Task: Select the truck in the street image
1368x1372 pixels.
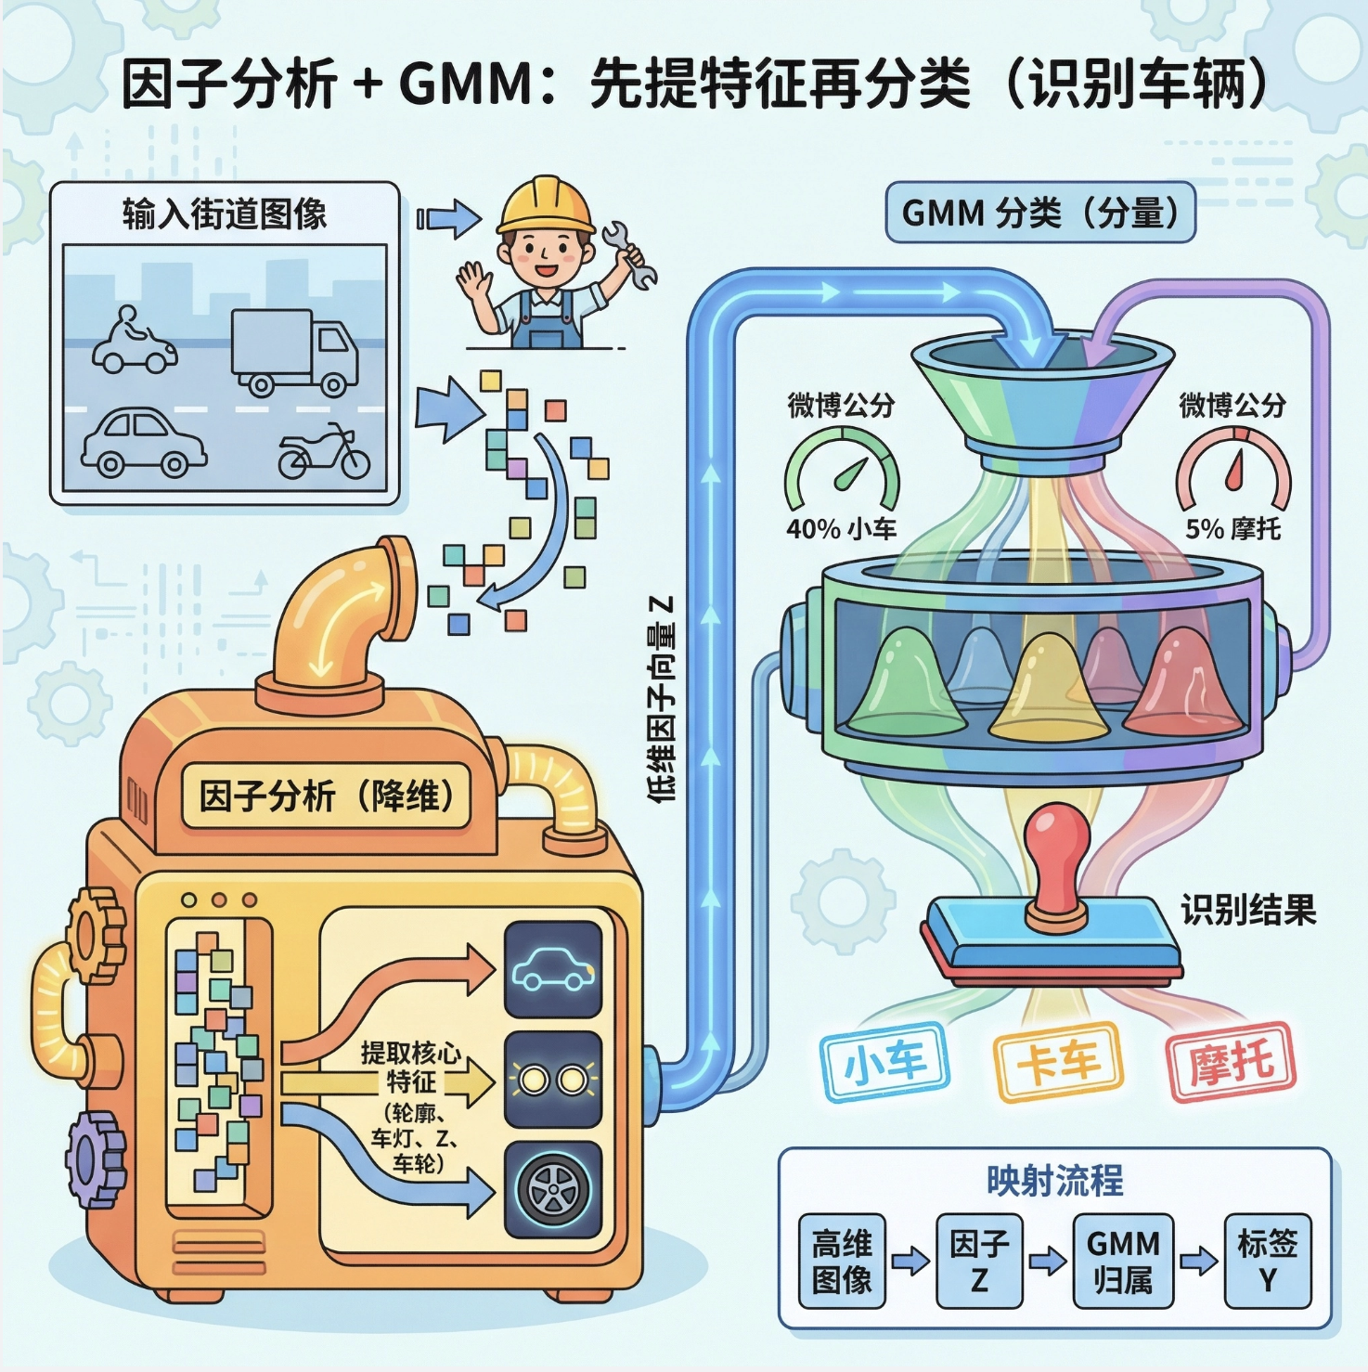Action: (x=294, y=352)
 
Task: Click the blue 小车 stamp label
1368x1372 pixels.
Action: (x=884, y=1062)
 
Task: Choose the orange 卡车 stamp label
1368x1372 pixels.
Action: (x=1058, y=1062)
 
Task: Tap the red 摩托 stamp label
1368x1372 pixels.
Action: (x=1231, y=1061)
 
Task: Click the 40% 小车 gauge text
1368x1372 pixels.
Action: (x=841, y=529)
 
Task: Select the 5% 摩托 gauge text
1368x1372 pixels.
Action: (x=1232, y=529)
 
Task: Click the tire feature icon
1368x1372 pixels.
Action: (x=553, y=1188)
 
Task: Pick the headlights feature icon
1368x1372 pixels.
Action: (x=553, y=1080)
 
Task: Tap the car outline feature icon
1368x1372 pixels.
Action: (x=553, y=970)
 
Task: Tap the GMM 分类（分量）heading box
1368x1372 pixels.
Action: (x=1040, y=214)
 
